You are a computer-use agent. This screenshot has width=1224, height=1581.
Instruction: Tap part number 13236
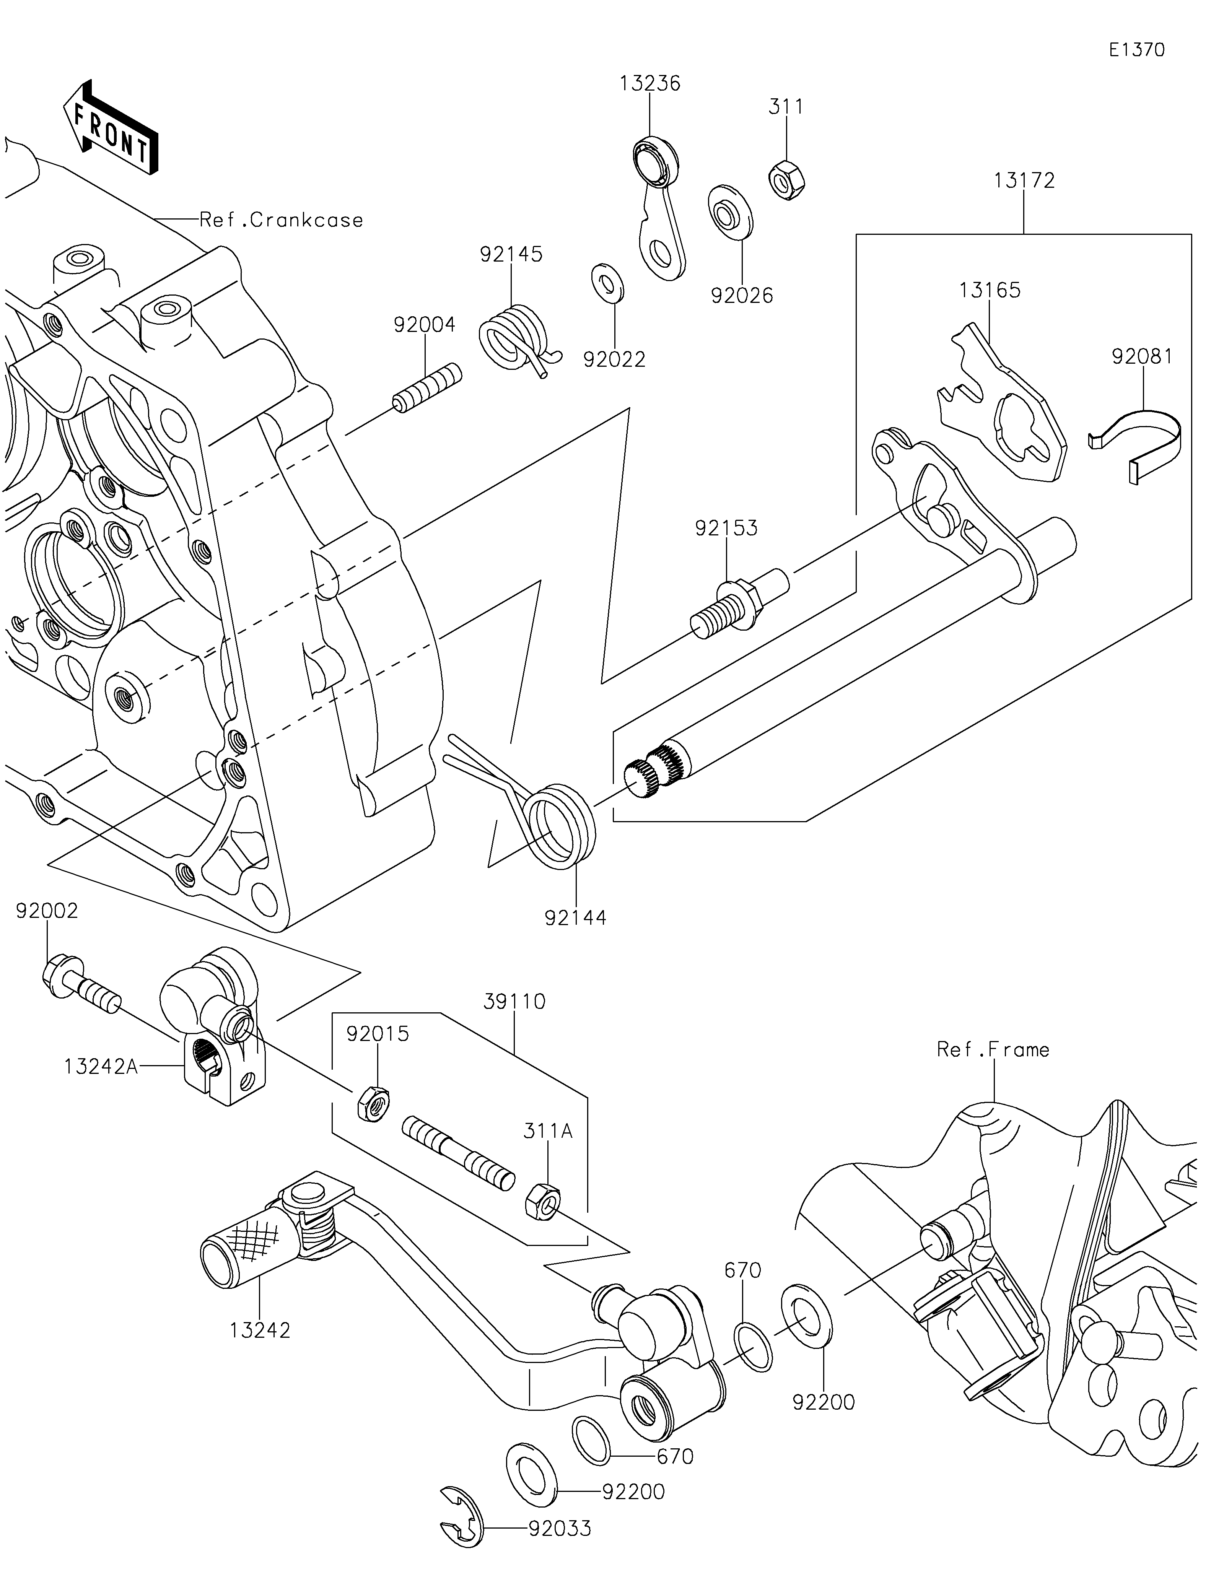click(x=649, y=84)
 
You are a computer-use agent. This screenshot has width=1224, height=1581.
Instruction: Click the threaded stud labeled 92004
click(x=427, y=389)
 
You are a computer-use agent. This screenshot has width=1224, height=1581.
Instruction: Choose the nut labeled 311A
click(x=541, y=1200)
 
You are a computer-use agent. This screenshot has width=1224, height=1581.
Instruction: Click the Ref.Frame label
click(x=992, y=1050)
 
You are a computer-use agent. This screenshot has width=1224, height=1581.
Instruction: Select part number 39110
click(x=514, y=1002)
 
